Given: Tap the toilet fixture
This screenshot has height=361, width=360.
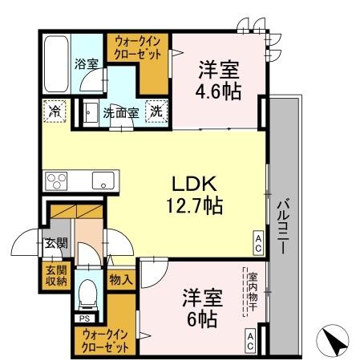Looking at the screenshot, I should pyautogui.click(x=86, y=296).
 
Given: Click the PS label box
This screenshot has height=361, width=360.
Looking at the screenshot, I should pyautogui.click(x=83, y=318).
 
